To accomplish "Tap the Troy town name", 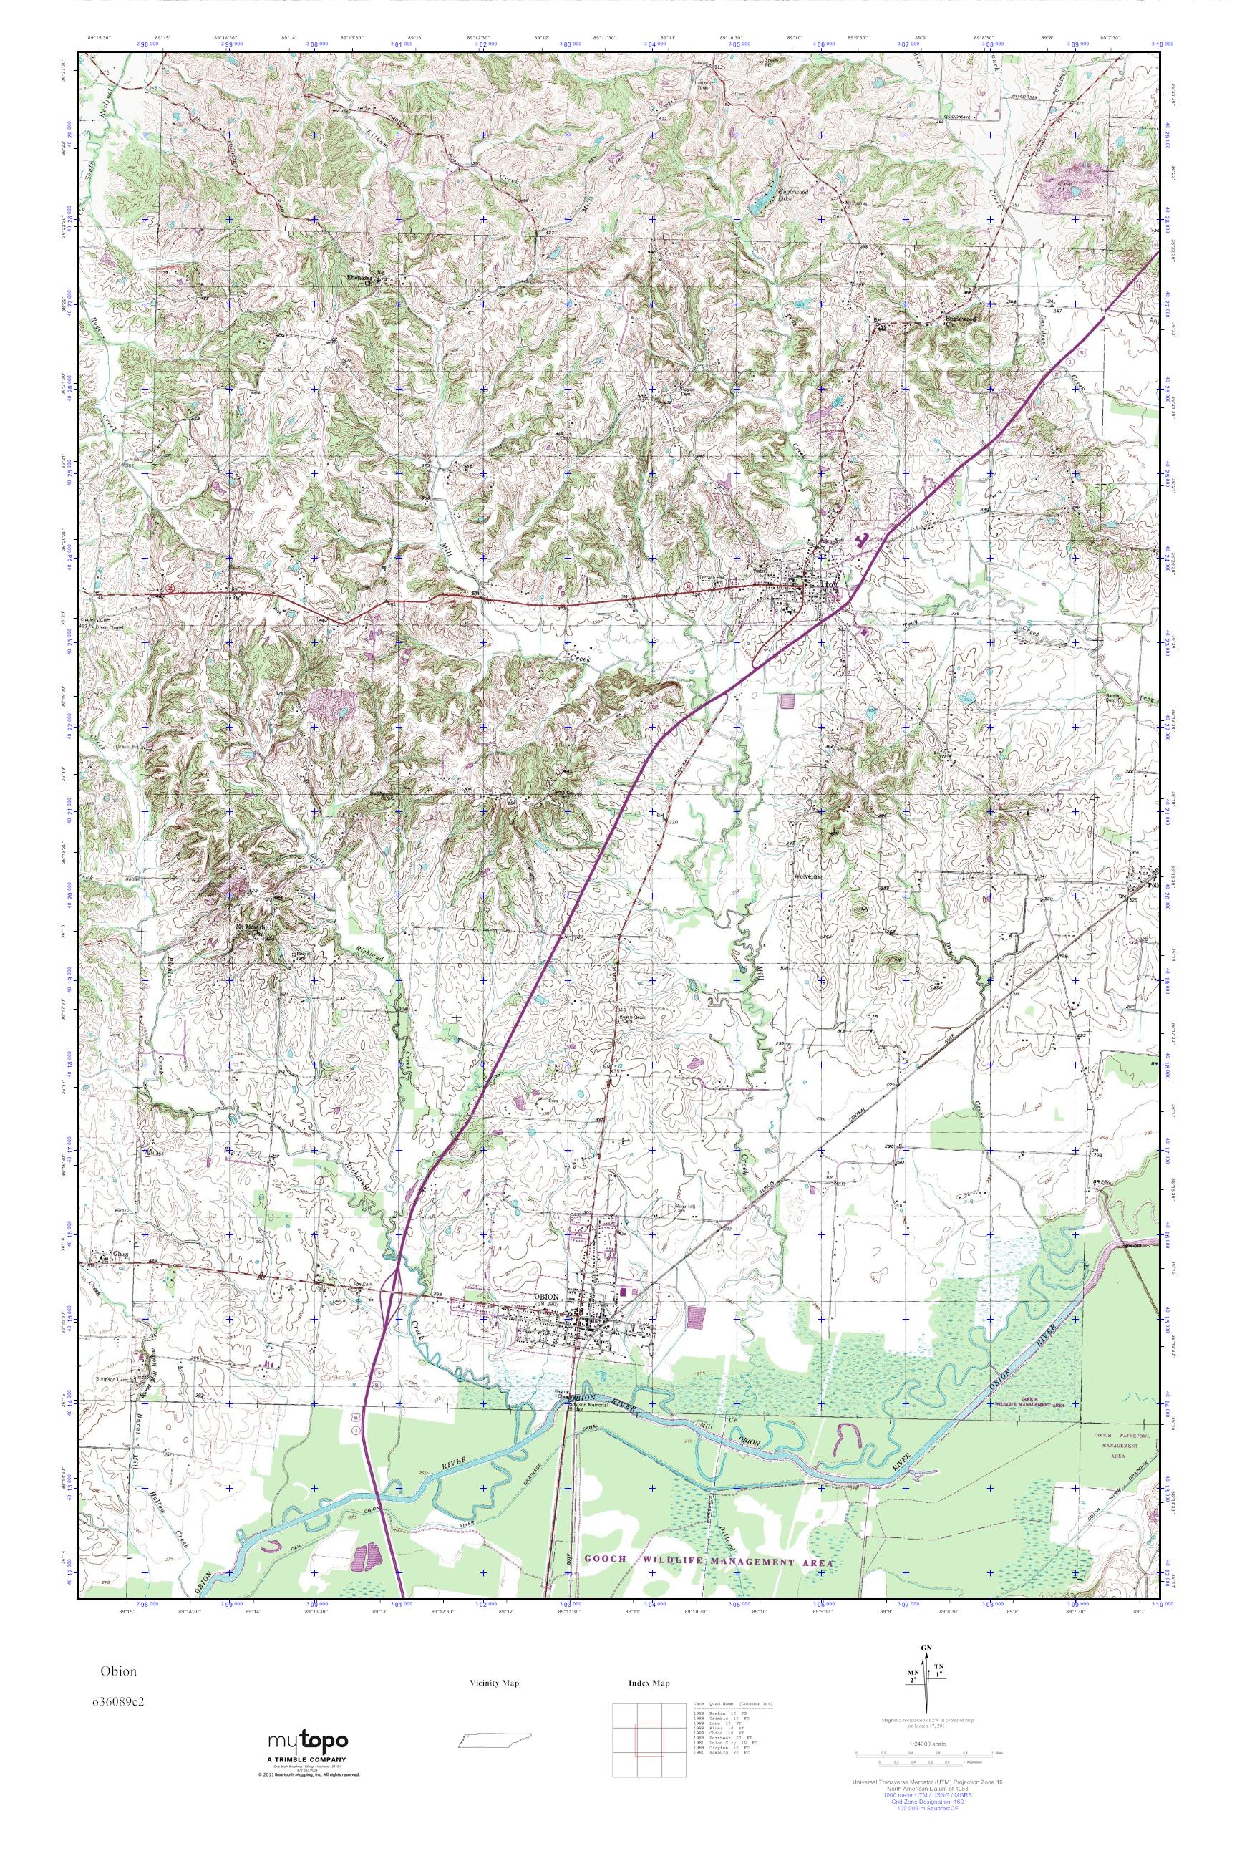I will (x=825, y=585).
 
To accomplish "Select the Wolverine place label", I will (x=809, y=876).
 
